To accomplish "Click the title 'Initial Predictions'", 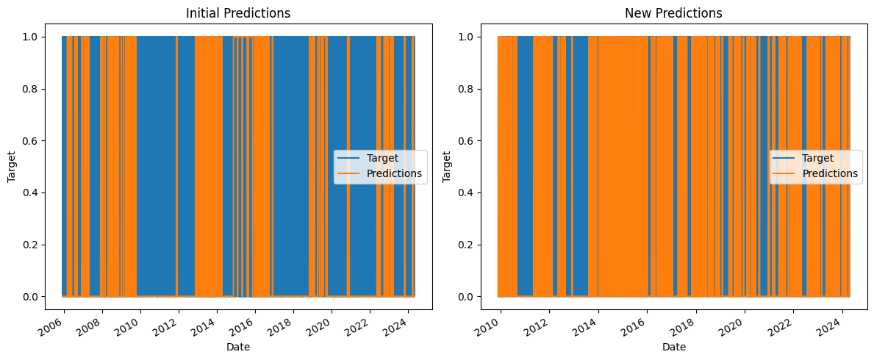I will click(x=238, y=13).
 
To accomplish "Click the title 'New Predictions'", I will click(x=673, y=13).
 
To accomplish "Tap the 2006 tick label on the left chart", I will click(x=59, y=324).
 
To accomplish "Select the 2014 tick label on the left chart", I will click(x=212, y=324).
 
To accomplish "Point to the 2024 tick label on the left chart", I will click(x=402, y=324).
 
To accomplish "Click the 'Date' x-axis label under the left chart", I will click(x=238, y=347).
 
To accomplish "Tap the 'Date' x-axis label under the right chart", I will click(x=673, y=347).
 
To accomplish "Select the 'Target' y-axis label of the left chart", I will click(x=11, y=167).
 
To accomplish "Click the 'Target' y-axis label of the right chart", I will click(x=448, y=167).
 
